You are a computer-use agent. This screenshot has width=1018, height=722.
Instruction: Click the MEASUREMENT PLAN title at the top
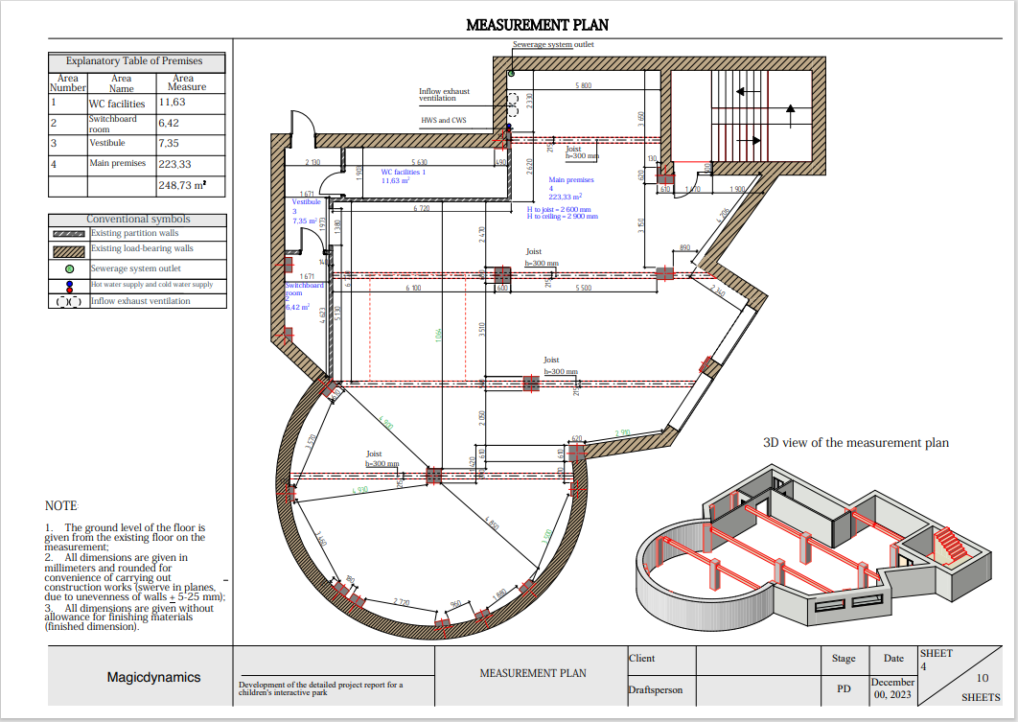(537, 25)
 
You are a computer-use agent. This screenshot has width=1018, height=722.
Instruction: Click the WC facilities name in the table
(117, 103)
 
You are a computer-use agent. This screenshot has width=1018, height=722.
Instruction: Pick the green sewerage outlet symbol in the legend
(69, 268)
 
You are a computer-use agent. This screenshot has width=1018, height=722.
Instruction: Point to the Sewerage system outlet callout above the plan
(553, 45)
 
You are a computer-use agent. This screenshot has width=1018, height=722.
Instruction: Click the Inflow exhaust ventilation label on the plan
(444, 95)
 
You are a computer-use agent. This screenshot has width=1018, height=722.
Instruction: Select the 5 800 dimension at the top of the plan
(583, 86)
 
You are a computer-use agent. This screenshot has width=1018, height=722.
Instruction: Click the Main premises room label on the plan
(571, 179)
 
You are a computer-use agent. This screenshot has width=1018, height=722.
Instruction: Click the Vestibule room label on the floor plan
(306, 202)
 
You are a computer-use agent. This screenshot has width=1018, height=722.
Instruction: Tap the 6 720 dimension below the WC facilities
(421, 207)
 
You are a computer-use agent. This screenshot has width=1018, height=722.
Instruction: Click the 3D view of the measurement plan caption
(855, 443)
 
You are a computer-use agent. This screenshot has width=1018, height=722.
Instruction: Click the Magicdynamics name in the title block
(153, 677)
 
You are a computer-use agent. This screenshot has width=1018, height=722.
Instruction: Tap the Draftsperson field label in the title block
(656, 690)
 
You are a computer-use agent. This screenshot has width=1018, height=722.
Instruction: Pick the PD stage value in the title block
(844, 687)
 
